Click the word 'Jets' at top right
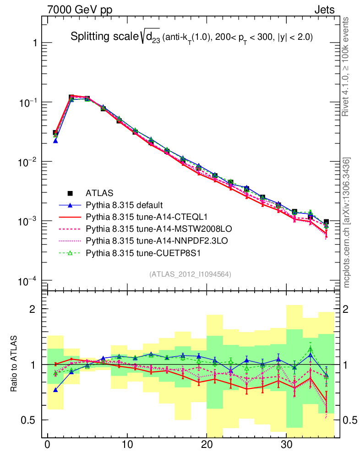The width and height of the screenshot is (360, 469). (324, 10)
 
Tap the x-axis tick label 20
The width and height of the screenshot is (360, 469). (207, 445)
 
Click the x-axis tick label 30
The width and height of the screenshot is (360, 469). (286, 445)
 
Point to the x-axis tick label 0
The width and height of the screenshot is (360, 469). (47, 445)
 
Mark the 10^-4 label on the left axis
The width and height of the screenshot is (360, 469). (27, 281)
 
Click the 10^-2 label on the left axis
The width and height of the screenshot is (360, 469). (27, 162)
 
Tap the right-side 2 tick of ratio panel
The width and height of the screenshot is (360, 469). (347, 309)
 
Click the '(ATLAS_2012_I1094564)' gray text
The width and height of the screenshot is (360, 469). (190, 274)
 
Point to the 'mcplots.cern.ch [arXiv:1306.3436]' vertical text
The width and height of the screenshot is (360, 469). (347, 223)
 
